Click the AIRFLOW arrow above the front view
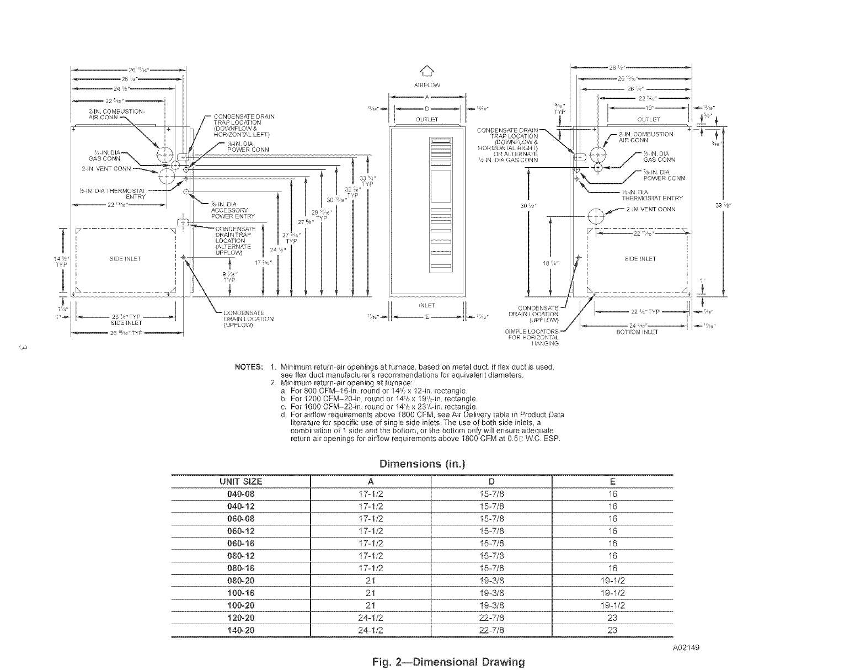[x=427, y=70]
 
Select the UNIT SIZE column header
[x=241, y=481]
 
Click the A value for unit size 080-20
[x=371, y=581]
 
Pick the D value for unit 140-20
[x=491, y=630]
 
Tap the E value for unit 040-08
[x=612, y=494]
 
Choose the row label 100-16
[x=241, y=593]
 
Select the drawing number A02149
[x=686, y=648]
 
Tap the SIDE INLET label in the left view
[x=125, y=259]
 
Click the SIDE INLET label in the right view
[x=640, y=259]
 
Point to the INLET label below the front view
[x=427, y=305]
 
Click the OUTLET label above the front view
[x=427, y=119]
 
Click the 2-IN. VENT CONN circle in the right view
[x=596, y=217]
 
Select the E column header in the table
[x=612, y=481]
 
